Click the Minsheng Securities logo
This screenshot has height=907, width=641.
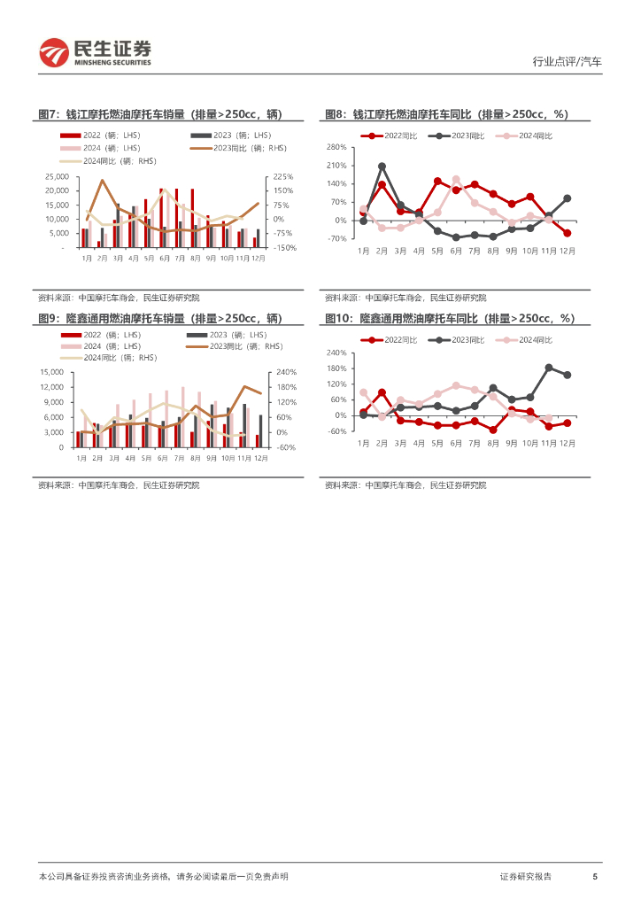pos(95,53)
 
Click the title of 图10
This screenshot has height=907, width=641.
pos(450,318)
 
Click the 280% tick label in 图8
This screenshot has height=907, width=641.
pos(336,147)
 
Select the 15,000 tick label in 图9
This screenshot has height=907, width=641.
pos(51,373)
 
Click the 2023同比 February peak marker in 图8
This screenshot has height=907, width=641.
pos(382,167)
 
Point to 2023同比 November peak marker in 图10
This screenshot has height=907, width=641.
pos(549,368)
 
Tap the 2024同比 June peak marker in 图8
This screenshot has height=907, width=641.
pos(456,179)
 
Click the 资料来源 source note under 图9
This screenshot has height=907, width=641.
pos(119,485)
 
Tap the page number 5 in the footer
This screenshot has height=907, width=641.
pos(594,876)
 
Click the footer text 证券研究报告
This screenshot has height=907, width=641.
pos(525,876)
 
